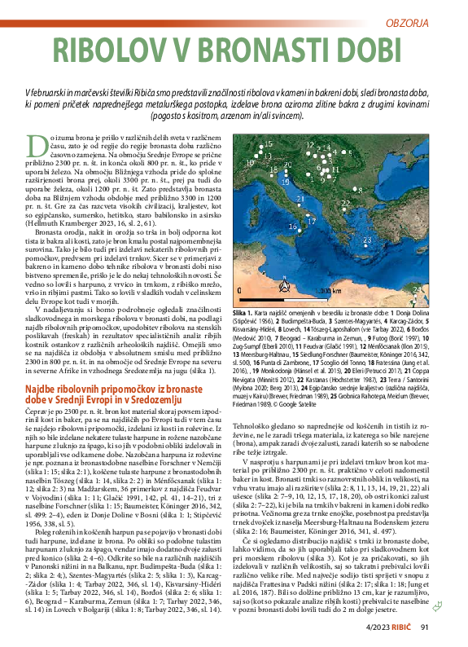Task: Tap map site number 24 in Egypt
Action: coord(417,288)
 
